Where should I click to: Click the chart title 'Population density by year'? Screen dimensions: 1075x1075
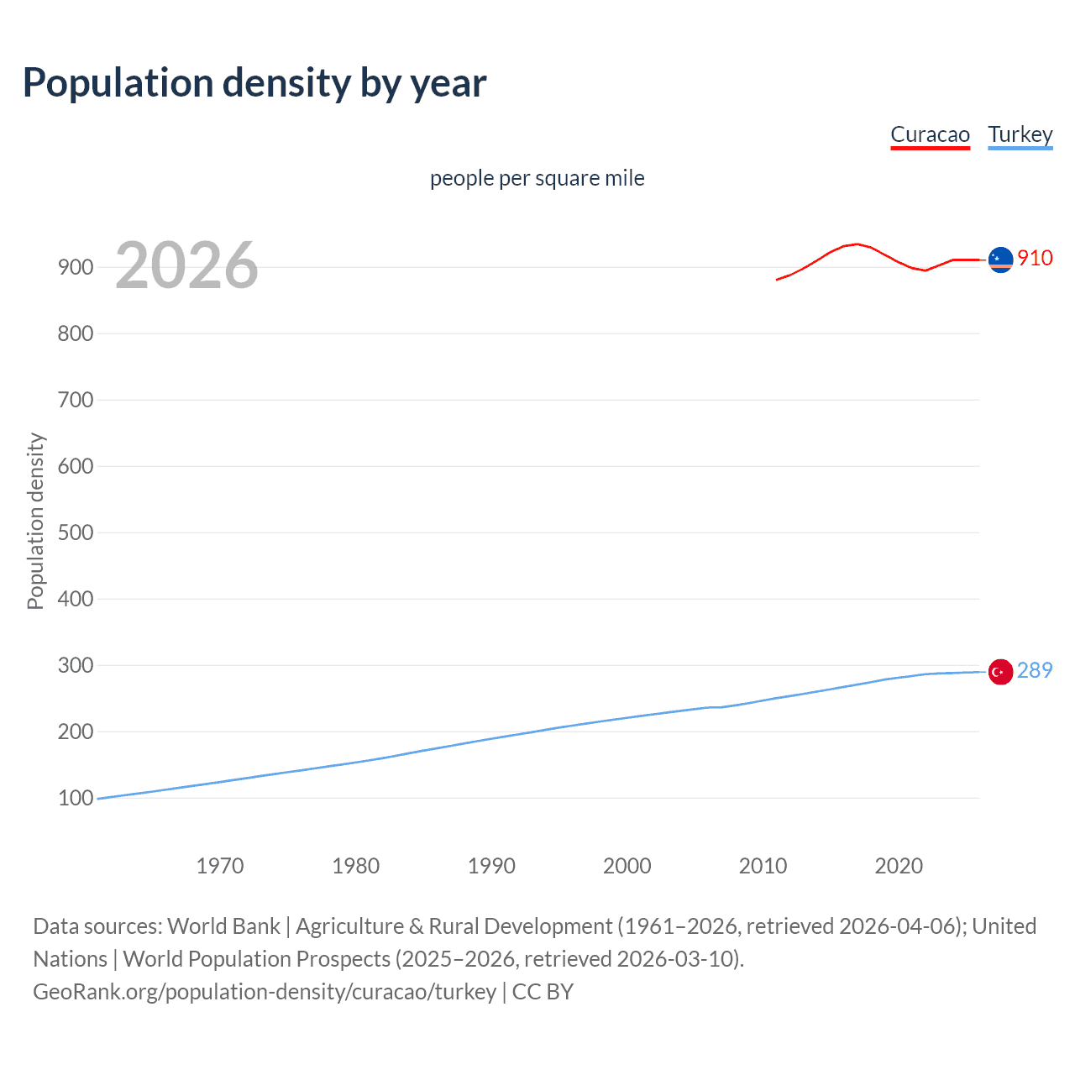click(x=254, y=83)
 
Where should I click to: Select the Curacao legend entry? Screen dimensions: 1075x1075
click(x=930, y=135)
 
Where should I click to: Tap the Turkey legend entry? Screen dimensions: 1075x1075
click(x=1020, y=135)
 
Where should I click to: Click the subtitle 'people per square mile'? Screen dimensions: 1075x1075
click(x=537, y=178)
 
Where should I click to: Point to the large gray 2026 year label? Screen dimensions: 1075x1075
click(x=186, y=265)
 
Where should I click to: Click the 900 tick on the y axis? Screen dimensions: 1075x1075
click(x=76, y=267)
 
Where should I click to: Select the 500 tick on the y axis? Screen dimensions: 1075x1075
click(x=76, y=532)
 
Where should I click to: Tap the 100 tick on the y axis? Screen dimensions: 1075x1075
click(x=76, y=798)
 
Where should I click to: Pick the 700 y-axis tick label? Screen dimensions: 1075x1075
click(x=76, y=400)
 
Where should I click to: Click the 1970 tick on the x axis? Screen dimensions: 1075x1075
click(x=220, y=866)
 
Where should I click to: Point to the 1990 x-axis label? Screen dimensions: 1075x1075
click(x=491, y=866)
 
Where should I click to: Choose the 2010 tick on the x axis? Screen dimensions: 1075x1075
click(x=763, y=866)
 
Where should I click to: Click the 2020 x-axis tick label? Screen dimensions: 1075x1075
click(x=899, y=866)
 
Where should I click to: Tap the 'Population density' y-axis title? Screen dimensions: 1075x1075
click(x=35, y=521)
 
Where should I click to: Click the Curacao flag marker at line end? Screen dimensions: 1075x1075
click(x=1000, y=260)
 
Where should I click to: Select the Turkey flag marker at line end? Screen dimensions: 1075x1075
click(x=1000, y=672)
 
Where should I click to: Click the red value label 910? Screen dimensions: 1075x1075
click(x=1035, y=258)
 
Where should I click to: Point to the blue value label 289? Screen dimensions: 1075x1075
click(x=1035, y=670)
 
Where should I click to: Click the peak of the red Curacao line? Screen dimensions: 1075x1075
click(x=856, y=244)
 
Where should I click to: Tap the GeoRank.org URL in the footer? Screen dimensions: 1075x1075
click(x=265, y=992)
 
